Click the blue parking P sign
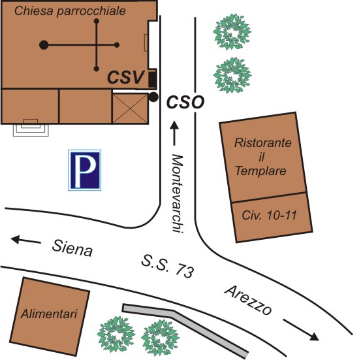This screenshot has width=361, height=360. [84, 170]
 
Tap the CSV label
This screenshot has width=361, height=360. [126, 78]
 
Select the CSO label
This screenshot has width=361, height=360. [185, 102]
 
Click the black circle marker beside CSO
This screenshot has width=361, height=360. [153, 97]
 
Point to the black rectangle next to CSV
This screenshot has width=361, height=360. [152, 80]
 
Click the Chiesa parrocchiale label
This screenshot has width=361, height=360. [70, 11]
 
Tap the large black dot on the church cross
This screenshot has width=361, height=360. [44, 44]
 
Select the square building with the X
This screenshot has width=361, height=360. [131, 108]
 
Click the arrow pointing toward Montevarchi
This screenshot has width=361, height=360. [174, 133]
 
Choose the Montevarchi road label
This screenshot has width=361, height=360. [178, 193]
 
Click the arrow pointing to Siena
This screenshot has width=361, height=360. [26, 240]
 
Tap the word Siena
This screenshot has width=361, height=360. [72, 248]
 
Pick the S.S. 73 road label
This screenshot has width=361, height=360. [168, 266]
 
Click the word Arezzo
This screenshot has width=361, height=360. [249, 300]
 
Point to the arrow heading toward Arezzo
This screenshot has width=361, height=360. [301, 330]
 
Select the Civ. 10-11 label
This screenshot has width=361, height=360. [269, 215]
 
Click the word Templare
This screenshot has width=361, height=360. [260, 171]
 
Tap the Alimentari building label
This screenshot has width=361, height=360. [49, 314]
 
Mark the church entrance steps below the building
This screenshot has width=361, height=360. [31, 127]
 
